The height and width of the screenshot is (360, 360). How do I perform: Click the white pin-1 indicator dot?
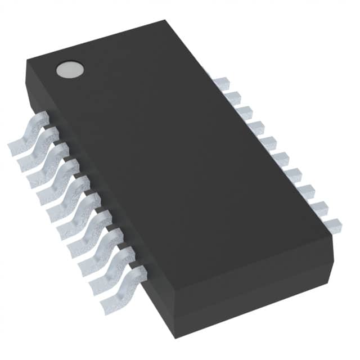(70, 70)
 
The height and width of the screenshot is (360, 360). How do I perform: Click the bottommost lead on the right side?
(332, 224)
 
